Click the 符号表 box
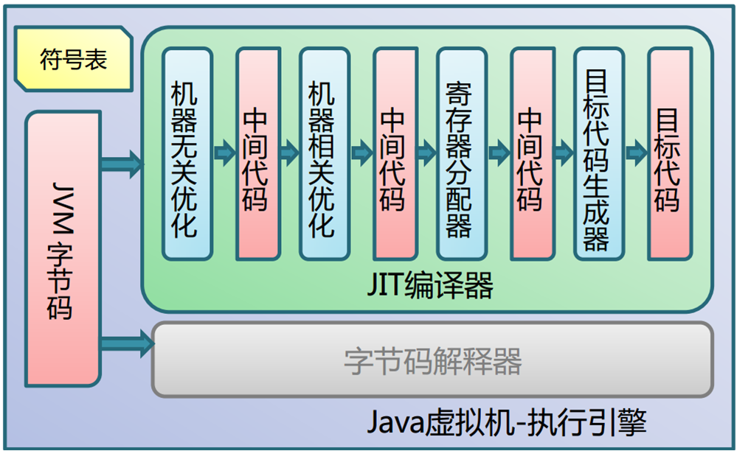(x=73, y=60)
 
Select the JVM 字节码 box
(x=63, y=248)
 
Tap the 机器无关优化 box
(x=187, y=154)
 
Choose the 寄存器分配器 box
(x=460, y=154)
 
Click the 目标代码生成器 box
(x=597, y=154)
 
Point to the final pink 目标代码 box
(x=668, y=154)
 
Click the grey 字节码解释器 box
(x=432, y=360)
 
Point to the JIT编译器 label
(x=430, y=285)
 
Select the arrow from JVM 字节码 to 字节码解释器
(x=126, y=343)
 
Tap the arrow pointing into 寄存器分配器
(x=426, y=153)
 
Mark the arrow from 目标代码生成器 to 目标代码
(x=636, y=153)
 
